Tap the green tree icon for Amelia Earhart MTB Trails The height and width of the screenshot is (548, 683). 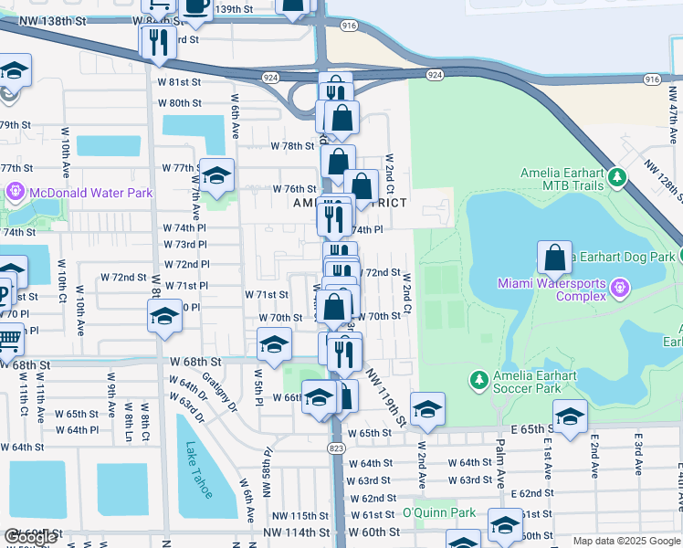(618, 175)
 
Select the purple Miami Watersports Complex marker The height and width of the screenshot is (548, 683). (620, 289)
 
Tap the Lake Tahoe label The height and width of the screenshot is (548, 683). (197, 469)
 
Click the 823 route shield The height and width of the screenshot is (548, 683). (337, 448)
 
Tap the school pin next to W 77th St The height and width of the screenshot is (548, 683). (217, 177)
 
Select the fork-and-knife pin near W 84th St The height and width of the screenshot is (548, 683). (160, 42)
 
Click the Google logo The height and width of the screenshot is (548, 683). (30, 536)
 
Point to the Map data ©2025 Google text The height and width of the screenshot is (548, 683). (626, 541)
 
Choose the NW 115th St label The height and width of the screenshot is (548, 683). (291, 516)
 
